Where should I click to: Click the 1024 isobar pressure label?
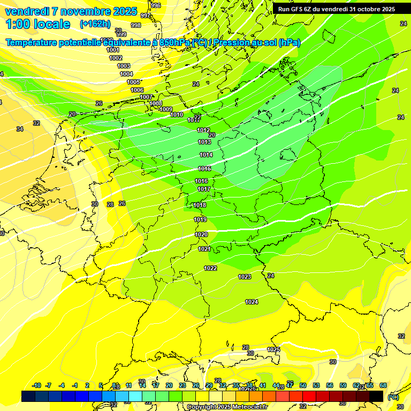252,302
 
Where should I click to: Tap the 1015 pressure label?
204,169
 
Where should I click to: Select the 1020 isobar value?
201,235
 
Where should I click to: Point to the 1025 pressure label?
273,349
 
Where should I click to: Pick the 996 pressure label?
156,5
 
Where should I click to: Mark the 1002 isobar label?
116,58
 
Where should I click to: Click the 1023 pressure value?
245,277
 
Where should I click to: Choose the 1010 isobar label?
177,115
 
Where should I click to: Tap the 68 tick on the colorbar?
383,385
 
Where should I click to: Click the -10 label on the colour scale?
37,385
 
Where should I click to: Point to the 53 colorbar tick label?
316,385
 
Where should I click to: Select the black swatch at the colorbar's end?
376,396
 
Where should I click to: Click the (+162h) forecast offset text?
95,24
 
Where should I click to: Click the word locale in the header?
51,24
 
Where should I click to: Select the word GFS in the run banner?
299,9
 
